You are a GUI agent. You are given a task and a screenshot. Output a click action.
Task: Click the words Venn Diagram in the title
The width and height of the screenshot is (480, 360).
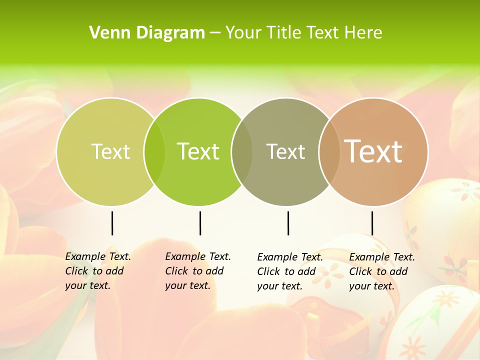[147, 33]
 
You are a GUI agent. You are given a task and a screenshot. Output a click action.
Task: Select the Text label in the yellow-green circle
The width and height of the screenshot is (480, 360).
[110, 151]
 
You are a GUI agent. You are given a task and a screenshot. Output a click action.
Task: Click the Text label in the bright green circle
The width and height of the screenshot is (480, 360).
[198, 151]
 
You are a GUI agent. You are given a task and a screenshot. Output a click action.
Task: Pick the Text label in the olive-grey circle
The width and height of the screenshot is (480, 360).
[285, 151]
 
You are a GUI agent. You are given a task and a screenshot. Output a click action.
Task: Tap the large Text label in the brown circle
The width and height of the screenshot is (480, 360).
[373, 151]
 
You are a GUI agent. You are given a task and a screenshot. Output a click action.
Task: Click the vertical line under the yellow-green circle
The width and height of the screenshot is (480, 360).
[112, 223]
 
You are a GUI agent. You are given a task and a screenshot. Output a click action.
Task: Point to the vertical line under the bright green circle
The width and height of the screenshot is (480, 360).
[200, 223]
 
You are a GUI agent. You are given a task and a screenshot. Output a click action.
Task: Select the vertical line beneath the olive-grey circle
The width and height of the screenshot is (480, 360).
[288, 223]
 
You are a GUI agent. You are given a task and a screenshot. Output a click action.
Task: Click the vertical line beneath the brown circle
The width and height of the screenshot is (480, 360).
[372, 223]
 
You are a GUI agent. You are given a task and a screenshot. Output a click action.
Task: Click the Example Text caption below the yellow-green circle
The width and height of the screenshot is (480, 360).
[98, 271]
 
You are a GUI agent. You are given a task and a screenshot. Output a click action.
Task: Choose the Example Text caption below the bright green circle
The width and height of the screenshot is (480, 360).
[198, 271]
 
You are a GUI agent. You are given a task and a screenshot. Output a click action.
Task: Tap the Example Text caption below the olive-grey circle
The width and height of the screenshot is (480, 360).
[290, 271]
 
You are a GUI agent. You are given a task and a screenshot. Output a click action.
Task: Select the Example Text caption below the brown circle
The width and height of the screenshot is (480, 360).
[382, 271]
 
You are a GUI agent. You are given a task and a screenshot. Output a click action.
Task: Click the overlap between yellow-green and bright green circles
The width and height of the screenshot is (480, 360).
[154, 151]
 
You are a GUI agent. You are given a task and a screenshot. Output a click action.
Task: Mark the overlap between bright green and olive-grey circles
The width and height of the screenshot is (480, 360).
[242, 151]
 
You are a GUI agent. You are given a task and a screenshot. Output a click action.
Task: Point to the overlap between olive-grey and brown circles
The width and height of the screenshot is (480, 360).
[329, 151]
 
